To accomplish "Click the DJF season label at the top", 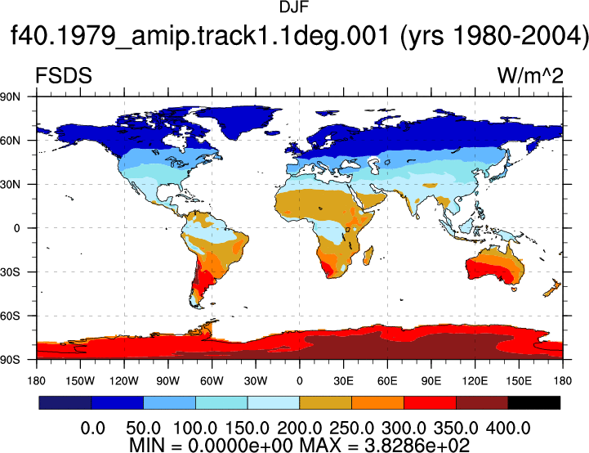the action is [294, 7].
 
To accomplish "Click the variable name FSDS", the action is [64, 75].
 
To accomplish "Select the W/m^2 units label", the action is [530, 75].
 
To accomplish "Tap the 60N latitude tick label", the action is [10, 141].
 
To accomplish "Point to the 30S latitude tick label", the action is [10, 271].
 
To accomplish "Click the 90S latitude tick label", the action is [10, 360].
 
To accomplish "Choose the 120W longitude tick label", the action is [124, 381].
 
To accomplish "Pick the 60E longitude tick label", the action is [387, 381].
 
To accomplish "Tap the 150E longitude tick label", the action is [519, 381].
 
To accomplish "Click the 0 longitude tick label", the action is [299, 381].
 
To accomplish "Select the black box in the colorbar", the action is [533, 402].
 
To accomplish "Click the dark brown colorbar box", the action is [482, 402].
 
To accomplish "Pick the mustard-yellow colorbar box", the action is [325, 402].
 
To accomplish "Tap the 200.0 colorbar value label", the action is [299, 428].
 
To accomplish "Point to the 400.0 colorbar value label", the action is [508, 428].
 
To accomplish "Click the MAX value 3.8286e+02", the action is [417, 445].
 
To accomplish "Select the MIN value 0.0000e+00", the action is [240, 445].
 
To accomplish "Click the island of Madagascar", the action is [368, 255].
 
